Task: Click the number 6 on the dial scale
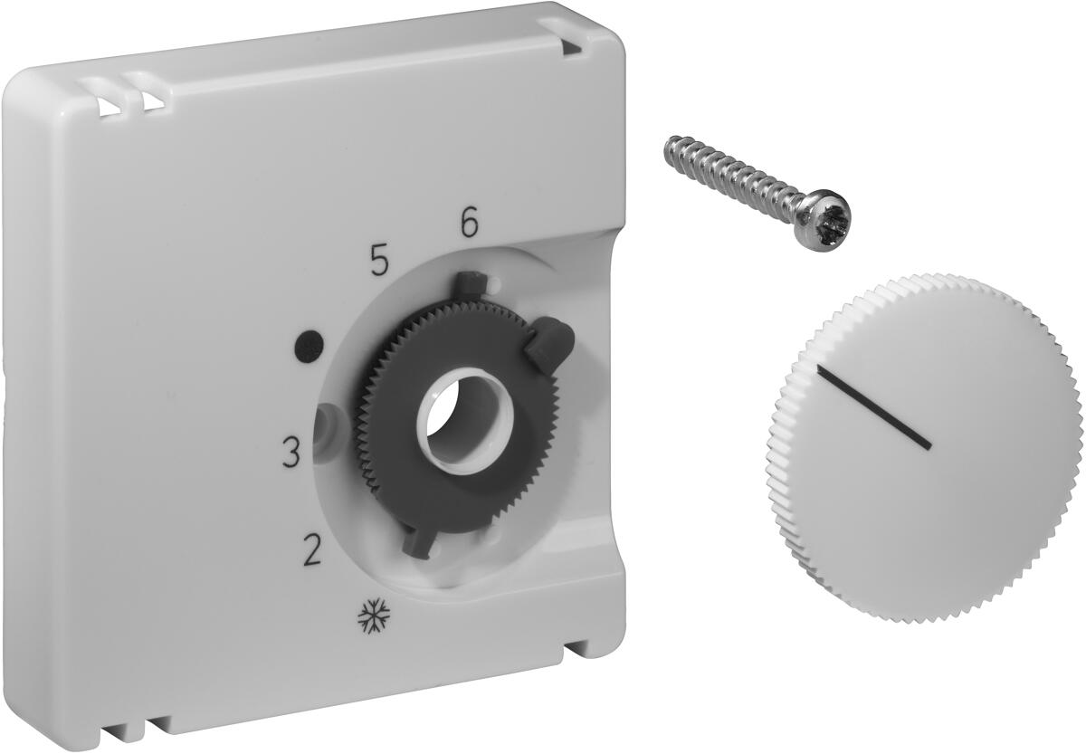[469, 222]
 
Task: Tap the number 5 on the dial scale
[379, 260]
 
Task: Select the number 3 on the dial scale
[291, 452]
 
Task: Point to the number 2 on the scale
[311, 549]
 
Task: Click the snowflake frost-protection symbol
[374, 616]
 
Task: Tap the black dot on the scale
[310, 344]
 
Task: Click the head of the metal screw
[824, 227]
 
